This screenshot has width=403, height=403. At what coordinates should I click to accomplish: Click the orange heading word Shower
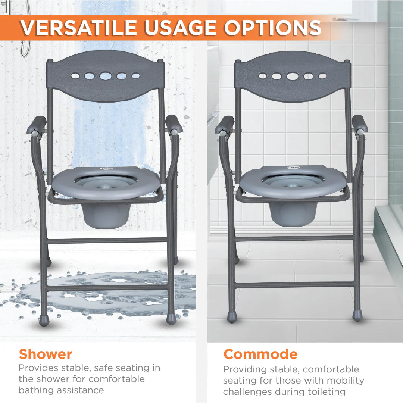(x=46, y=354)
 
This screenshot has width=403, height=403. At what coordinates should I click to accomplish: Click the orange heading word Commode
(x=260, y=354)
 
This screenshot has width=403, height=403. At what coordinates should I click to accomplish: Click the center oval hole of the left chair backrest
(x=106, y=76)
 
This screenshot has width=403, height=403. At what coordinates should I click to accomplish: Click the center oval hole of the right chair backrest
(x=293, y=76)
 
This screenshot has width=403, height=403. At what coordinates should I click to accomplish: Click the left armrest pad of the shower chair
(x=36, y=124)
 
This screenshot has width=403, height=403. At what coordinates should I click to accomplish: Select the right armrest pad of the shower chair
(x=174, y=123)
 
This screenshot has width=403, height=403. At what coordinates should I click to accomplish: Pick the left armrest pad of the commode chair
(x=225, y=124)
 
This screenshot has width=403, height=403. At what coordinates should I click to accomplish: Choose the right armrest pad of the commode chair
(x=360, y=123)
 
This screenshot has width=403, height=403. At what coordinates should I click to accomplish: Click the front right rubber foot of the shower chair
(x=171, y=318)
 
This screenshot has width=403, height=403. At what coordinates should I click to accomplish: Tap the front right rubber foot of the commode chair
(x=357, y=315)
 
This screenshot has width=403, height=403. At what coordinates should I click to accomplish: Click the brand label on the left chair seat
(x=106, y=168)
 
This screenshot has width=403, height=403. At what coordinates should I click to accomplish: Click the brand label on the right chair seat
(x=293, y=167)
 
